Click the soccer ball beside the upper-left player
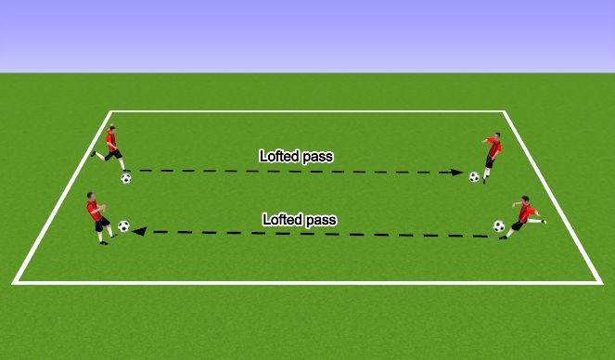click(126, 178)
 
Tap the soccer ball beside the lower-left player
click(124, 225)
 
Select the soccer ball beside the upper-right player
click(474, 176)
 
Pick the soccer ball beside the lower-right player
click(499, 225)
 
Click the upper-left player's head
click(111, 128)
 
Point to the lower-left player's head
click(91, 196)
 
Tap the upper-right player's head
click(496, 136)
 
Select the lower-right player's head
click(525, 199)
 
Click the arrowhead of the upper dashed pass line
click(457, 173)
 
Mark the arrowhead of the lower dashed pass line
click(138, 232)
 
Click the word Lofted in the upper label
click(277, 157)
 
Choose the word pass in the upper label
click(316, 158)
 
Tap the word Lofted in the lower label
click(281, 221)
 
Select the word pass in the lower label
click(320, 221)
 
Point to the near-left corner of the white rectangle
click(16, 282)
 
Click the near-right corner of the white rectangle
click(600, 282)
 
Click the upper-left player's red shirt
click(111, 141)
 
